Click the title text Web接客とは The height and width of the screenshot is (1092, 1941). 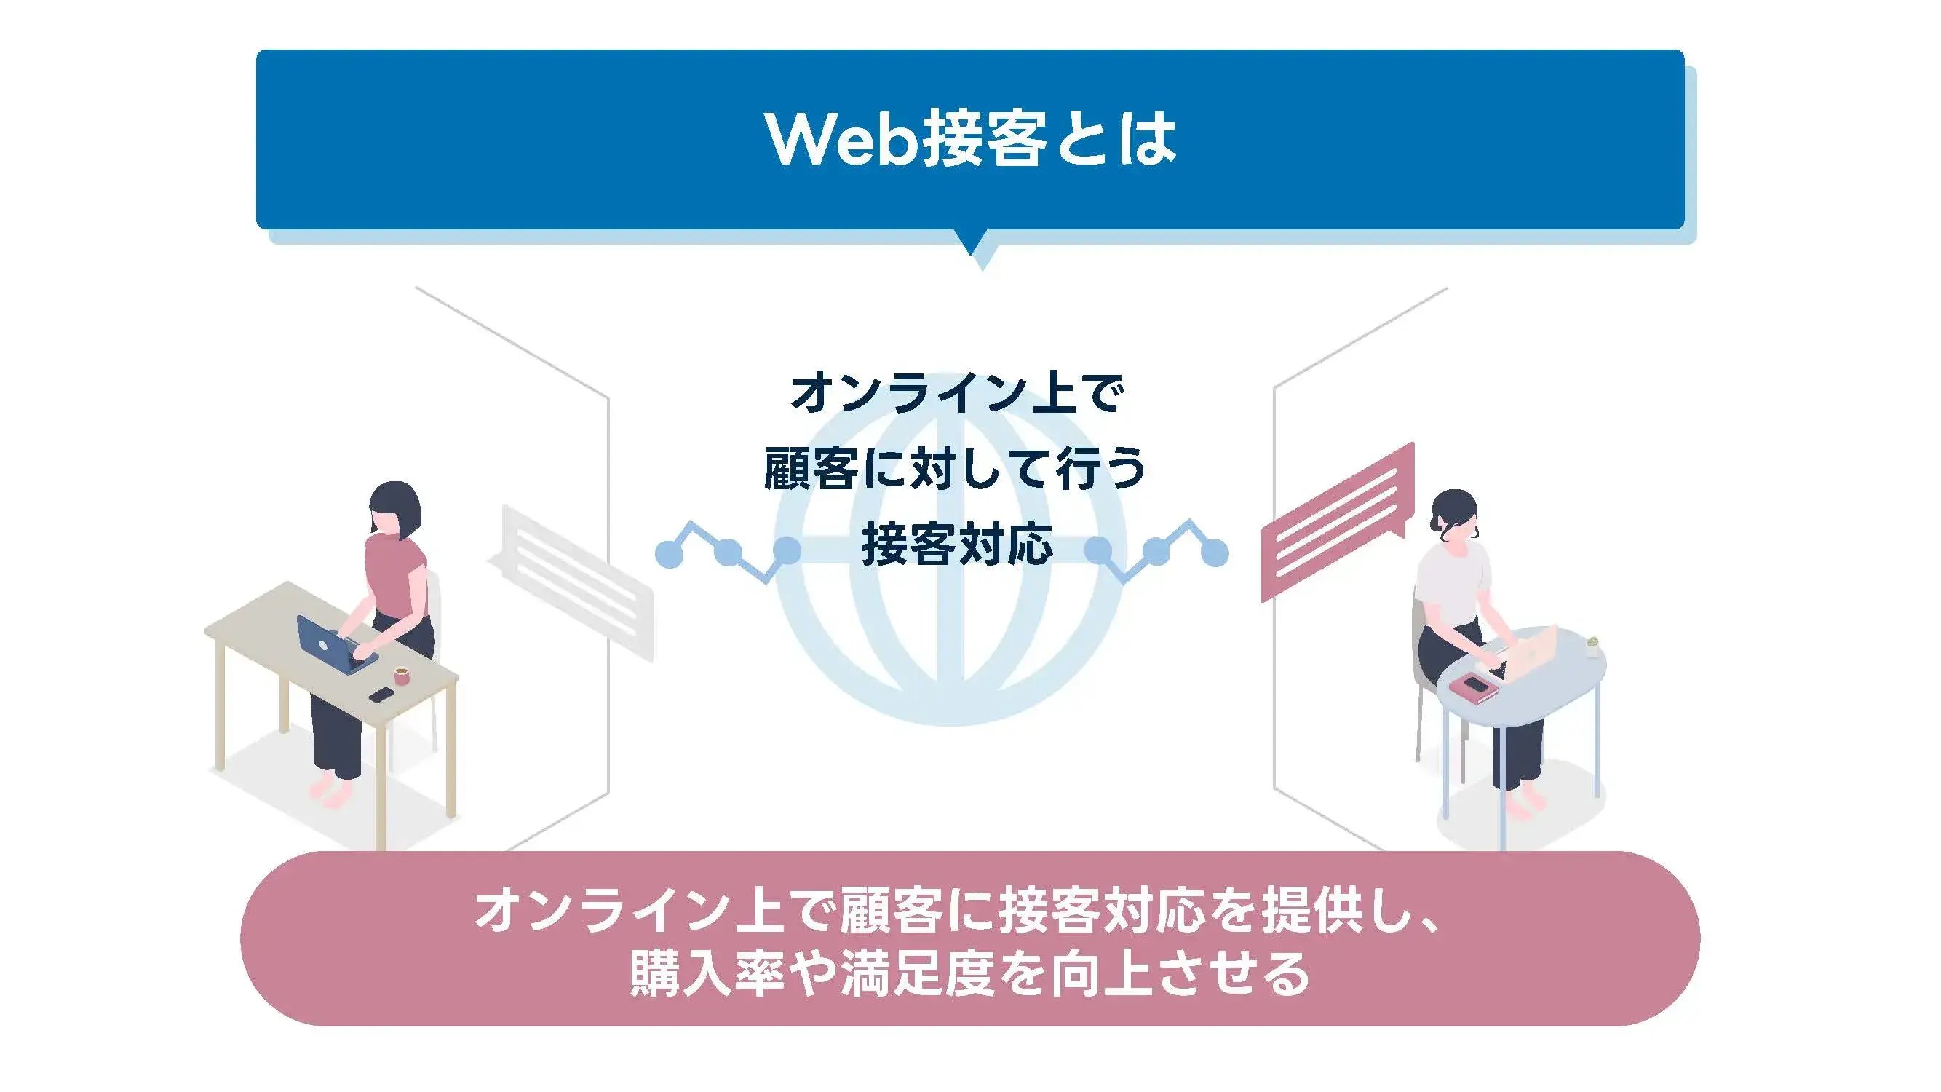[x=971, y=140]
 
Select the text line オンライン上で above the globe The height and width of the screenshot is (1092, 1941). [x=957, y=393]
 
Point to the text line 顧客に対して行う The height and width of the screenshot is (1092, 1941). [x=956, y=469]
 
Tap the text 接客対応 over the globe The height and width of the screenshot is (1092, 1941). [x=957, y=544]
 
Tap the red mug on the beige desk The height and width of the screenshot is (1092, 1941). [x=402, y=676]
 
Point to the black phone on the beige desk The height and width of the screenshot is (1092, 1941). [x=381, y=695]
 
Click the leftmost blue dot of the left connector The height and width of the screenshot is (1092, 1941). [x=669, y=555]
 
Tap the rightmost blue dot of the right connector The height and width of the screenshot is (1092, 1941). [x=1214, y=555]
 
